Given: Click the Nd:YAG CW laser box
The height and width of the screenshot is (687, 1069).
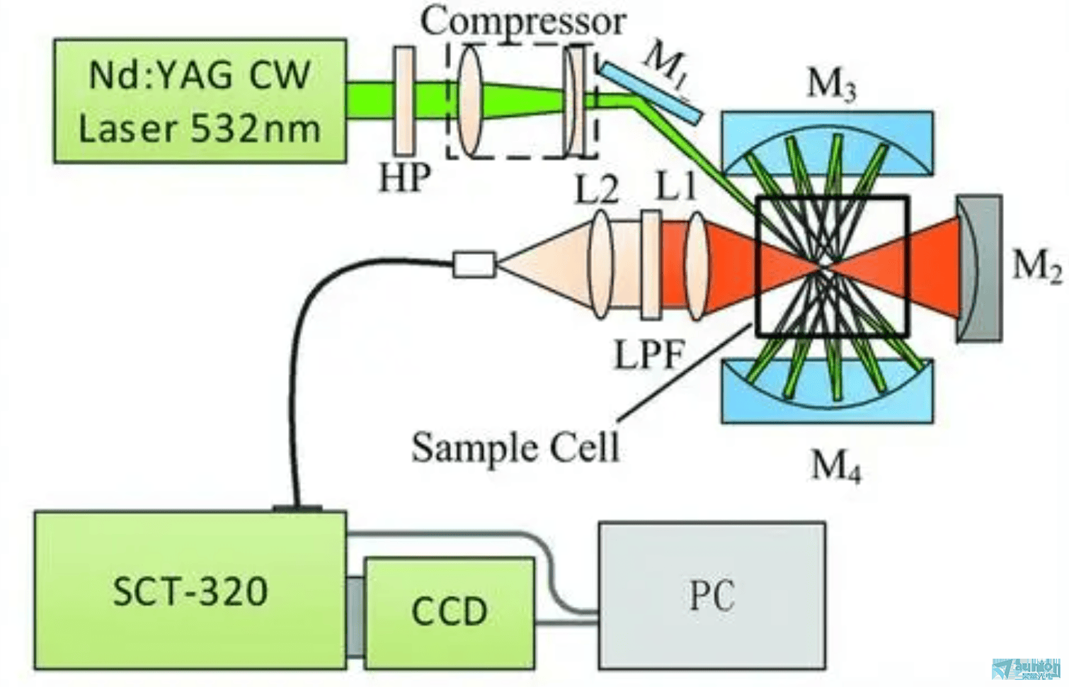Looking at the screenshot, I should [x=200, y=101].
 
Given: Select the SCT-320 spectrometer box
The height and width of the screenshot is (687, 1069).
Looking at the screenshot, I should [x=190, y=589].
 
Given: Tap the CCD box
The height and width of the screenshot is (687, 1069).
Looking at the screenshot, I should [x=449, y=611].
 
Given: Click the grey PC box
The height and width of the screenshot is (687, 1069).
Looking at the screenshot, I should [x=711, y=595].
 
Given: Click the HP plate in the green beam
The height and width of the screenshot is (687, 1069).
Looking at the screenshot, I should [x=404, y=101].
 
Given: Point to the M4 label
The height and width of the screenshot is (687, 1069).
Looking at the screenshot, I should [x=835, y=466].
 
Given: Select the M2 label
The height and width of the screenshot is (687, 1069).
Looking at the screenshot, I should [x=1036, y=267].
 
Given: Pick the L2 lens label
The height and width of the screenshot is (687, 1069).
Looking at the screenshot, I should [x=597, y=189].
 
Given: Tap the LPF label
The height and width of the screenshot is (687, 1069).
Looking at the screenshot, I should [x=648, y=354].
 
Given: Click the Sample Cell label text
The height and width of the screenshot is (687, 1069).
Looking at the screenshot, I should [x=515, y=448].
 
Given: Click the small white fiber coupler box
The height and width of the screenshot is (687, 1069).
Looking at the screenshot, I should [x=474, y=264].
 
